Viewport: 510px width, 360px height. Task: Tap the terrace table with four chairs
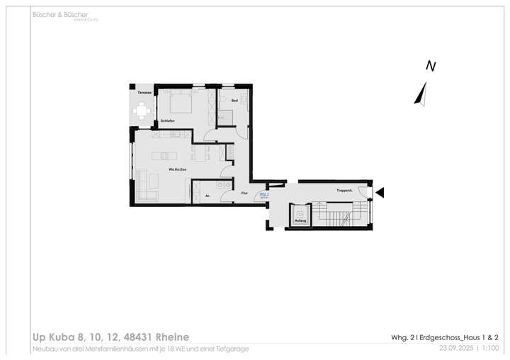tap(143, 111)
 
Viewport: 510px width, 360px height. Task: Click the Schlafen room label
tap(168, 121)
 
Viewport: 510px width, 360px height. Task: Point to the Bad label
tap(234, 101)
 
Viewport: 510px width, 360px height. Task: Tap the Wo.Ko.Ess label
tap(177, 169)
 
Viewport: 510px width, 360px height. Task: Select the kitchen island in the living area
tap(169, 155)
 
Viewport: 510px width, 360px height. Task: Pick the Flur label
tap(244, 193)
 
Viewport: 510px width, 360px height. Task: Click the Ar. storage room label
tap(208, 195)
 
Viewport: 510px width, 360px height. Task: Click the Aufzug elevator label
tap(300, 223)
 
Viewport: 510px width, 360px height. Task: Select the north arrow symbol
tap(421, 94)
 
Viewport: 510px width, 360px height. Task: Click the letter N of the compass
tap(430, 67)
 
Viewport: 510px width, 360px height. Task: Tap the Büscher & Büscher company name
tap(59, 14)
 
